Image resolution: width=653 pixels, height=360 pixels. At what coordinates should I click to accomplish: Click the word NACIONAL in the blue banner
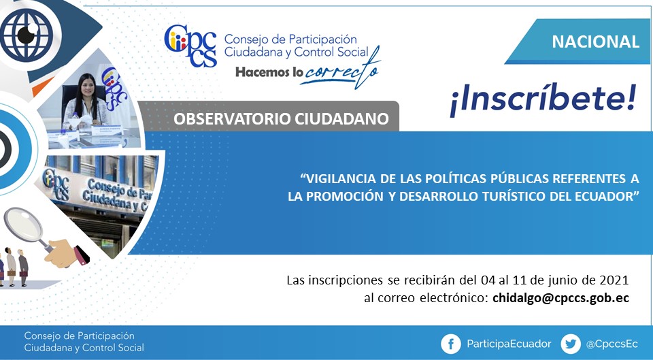click(595, 42)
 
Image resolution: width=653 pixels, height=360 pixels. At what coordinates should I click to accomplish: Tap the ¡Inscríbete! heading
click(543, 99)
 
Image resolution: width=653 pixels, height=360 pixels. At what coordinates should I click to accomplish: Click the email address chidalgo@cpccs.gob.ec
click(560, 298)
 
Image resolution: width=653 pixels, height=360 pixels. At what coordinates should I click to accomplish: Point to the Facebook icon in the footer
click(450, 344)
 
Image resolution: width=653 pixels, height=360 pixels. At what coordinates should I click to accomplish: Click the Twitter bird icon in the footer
click(571, 344)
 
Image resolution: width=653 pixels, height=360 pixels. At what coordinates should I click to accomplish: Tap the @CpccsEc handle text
click(612, 344)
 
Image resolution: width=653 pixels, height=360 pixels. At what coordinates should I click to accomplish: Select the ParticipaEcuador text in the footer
click(509, 344)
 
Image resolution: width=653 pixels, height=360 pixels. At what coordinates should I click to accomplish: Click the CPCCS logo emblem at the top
click(190, 46)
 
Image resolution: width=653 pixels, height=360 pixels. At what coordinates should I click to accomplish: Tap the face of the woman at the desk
click(86, 88)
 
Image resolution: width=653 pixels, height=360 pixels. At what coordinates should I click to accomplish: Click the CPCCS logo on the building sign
click(56, 184)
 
